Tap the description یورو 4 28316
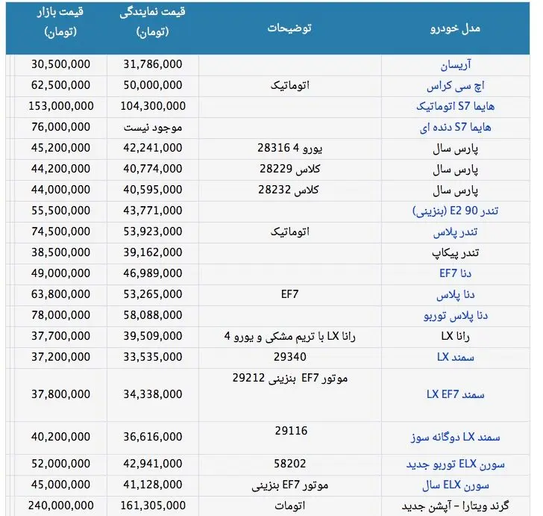tap(283, 149)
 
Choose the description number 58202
tap(289, 463)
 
